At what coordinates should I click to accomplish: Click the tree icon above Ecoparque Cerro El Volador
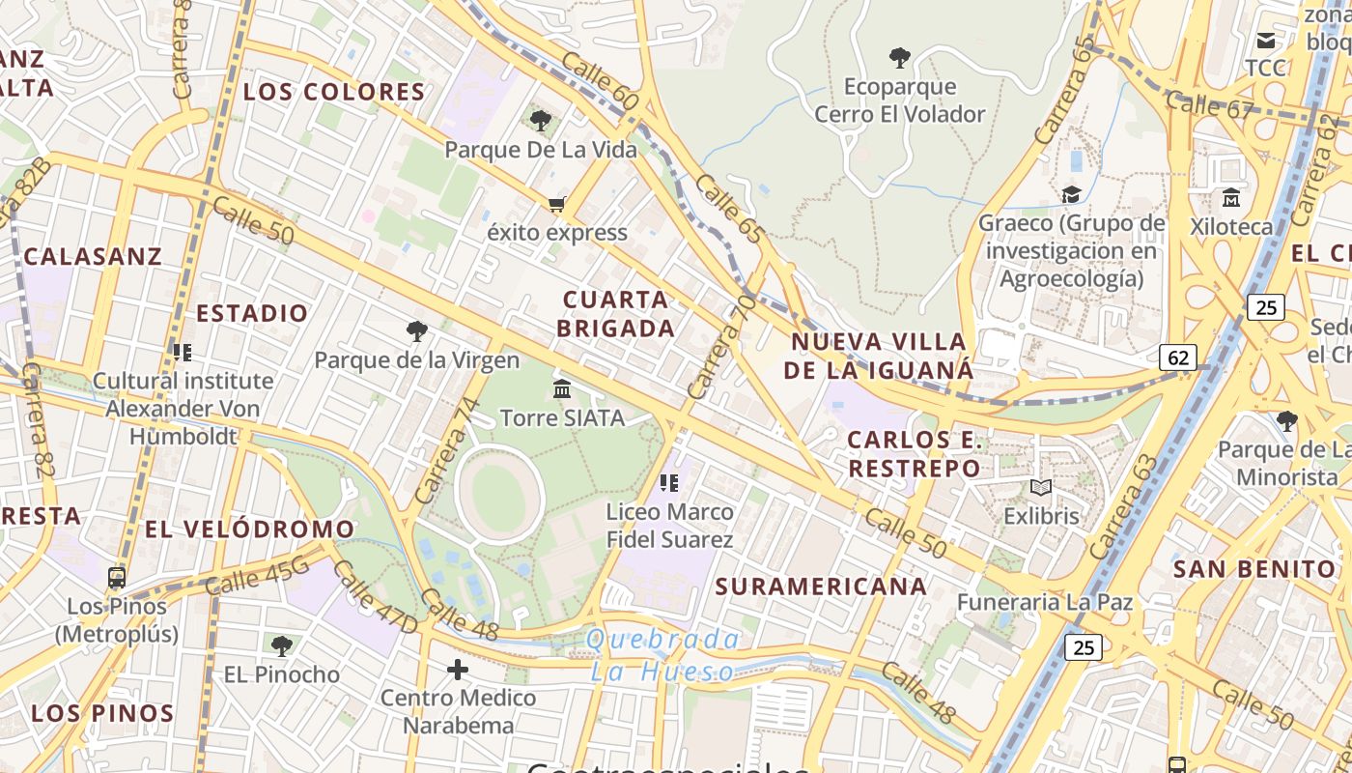pyautogui.click(x=900, y=58)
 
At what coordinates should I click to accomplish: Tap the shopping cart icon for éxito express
pyautogui.click(x=556, y=205)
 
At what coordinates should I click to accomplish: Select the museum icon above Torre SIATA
pyautogui.click(x=562, y=388)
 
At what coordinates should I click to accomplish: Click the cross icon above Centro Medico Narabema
pyautogui.click(x=458, y=669)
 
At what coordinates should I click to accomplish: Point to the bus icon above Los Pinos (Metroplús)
pyautogui.click(x=117, y=578)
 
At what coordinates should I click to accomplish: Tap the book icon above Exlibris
pyautogui.click(x=1040, y=488)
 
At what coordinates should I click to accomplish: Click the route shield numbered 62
pyautogui.click(x=1178, y=358)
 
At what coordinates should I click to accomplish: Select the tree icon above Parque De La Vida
pyautogui.click(x=541, y=121)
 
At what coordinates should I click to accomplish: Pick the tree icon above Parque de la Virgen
pyautogui.click(x=417, y=331)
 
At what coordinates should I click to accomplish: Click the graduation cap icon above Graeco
pyautogui.click(x=1071, y=195)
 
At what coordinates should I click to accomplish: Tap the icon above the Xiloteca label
pyautogui.click(x=1231, y=198)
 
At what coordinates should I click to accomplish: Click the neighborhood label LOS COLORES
pyautogui.click(x=334, y=93)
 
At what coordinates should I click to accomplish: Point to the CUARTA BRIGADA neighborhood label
pyautogui.click(x=615, y=314)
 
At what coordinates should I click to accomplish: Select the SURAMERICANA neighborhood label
pyautogui.click(x=821, y=587)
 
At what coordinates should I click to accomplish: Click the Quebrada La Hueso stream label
pyautogui.click(x=662, y=655)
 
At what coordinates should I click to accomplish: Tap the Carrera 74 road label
pyautogui.click(x=446, y=450)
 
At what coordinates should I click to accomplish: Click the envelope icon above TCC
pyautogui.click(x=1265, y=41)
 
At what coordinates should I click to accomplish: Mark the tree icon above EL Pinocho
pyautogui.click(x=281, y=645)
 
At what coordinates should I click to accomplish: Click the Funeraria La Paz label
pyautogui.click(x=1044, y=603)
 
